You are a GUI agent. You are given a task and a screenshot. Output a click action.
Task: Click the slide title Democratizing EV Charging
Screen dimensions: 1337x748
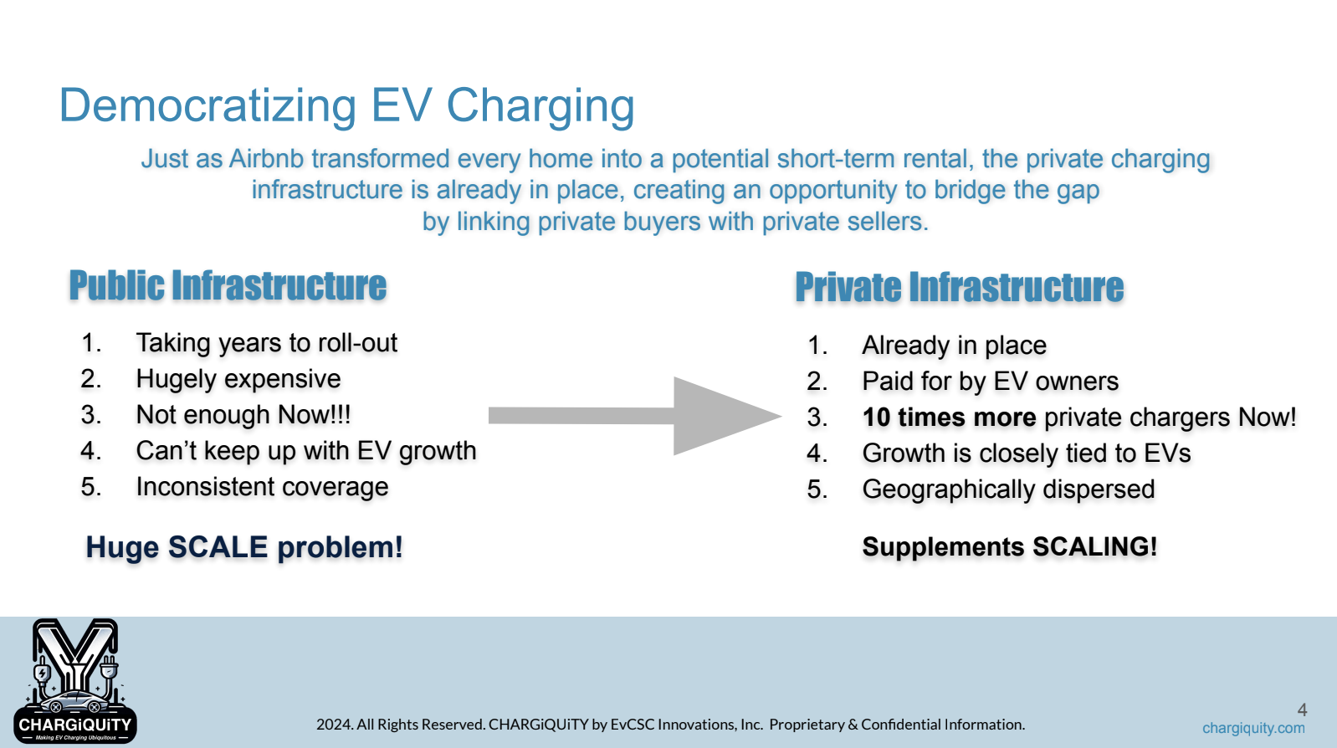[346, 106]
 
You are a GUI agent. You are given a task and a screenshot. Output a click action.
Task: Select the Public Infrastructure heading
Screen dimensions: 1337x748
[228, 285]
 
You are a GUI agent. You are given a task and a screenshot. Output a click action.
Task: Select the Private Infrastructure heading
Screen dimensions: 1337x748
[959, 287]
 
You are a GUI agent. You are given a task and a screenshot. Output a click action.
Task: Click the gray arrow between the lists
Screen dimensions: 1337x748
[635, 416]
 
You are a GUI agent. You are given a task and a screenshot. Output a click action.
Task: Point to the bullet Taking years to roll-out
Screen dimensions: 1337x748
[267, 343]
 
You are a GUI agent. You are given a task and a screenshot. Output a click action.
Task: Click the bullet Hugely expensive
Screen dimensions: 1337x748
[238, 379]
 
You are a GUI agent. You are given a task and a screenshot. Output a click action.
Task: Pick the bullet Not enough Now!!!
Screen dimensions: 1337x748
[243, 415]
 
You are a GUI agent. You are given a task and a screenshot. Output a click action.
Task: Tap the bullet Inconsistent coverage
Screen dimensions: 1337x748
[262, 487]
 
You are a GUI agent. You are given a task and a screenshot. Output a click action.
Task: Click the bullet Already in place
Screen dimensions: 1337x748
[955, 346]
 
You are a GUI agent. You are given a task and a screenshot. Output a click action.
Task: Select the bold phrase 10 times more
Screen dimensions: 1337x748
[949, 418]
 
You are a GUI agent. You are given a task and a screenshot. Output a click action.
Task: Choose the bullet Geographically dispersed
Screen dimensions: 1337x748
[1009, 489]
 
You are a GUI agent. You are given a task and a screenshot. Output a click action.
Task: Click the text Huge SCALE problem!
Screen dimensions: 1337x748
[244, 547]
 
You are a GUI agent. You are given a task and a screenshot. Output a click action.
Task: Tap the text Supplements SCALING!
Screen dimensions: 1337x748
[1010, 547]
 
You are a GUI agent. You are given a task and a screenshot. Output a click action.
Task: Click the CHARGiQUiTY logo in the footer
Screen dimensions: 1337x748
[74, 681]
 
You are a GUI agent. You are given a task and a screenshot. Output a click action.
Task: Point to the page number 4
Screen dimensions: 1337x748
[1302, 710]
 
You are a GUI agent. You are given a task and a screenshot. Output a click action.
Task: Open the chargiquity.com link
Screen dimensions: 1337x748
[1253, 728]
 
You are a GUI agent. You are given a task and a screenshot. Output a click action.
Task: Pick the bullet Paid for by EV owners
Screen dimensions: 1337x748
[991, 382]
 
